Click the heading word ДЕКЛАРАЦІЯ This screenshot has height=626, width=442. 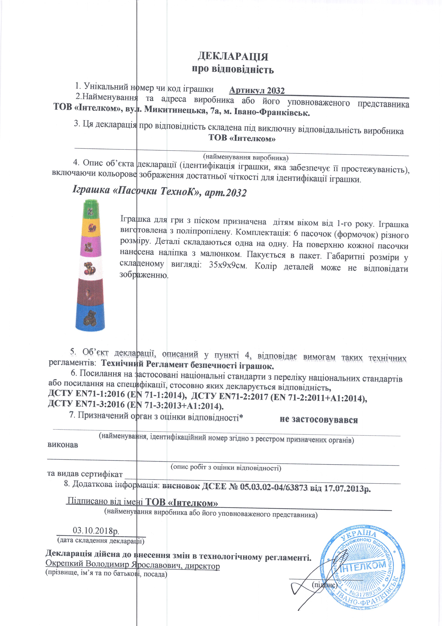[x=233, y=56]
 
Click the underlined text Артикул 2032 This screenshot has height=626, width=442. [x=257, y=90]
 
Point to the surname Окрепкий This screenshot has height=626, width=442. [x=64, y=563]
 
